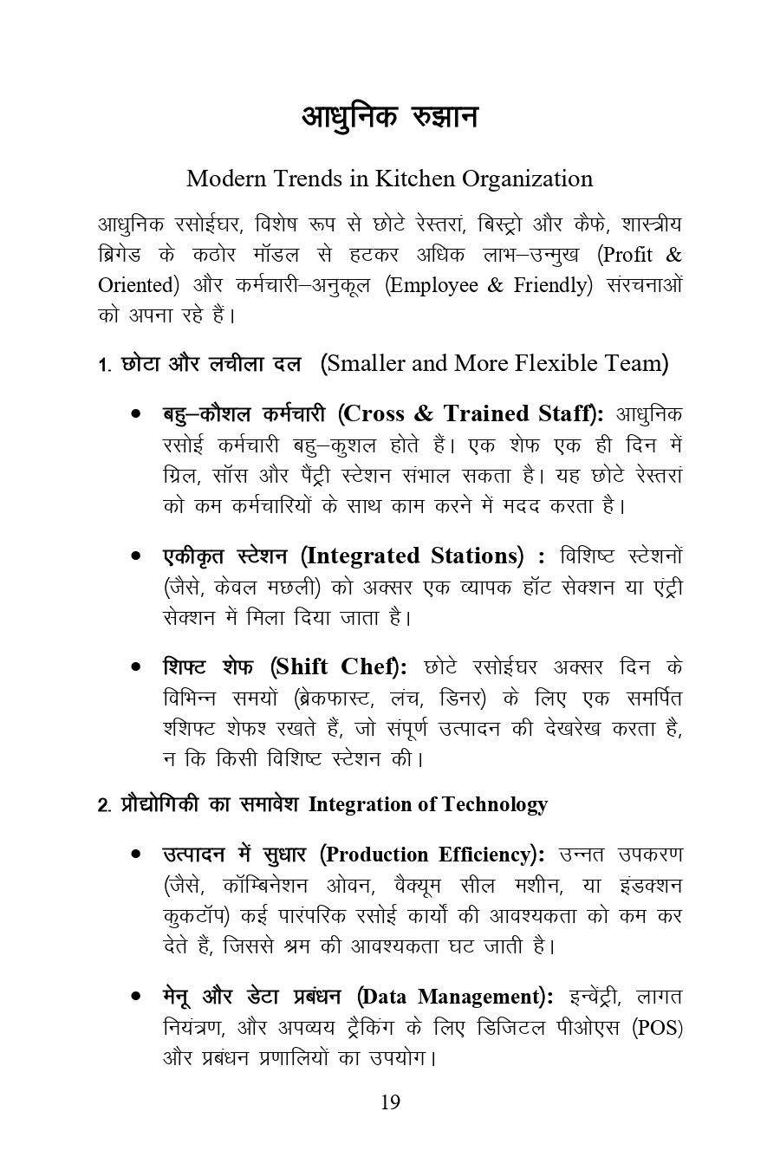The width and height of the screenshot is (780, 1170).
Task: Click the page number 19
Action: (390, 1102)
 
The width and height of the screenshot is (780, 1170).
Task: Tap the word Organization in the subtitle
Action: (527, 179)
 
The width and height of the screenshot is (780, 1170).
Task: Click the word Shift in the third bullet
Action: (300, 666)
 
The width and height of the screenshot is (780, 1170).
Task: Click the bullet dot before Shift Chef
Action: (136, 667)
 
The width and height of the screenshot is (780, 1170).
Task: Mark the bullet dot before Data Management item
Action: (136, 998)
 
